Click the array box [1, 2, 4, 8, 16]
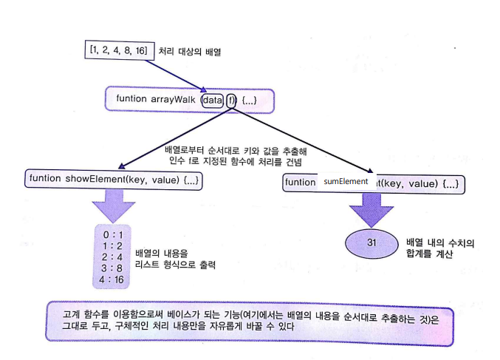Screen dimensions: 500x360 [x=119, y=50]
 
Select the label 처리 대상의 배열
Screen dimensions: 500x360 [x=190, y=52]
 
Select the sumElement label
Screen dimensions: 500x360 [x=346, y=181]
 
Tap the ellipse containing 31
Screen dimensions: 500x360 [x=371, y=242]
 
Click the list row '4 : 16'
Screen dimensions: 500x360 [x=112, y=280]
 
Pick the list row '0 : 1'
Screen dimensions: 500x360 [x=112, y=233]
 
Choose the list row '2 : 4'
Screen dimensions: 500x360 [x=112, y=257]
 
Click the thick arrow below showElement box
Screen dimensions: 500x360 [x=112, y=203]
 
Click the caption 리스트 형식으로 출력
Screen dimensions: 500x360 [x=181, y=264]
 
